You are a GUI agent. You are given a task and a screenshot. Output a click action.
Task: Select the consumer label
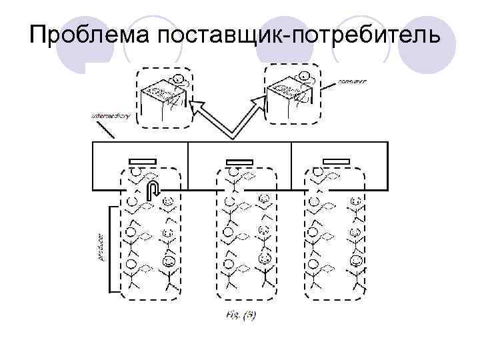353,81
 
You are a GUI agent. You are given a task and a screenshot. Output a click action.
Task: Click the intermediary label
110,115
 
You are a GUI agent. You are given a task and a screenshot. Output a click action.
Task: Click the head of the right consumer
303,76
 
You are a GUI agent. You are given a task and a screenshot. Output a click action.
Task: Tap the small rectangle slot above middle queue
239,161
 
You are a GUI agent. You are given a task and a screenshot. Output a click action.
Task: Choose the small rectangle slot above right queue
336,161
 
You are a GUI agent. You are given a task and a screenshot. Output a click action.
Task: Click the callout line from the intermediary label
105,130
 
